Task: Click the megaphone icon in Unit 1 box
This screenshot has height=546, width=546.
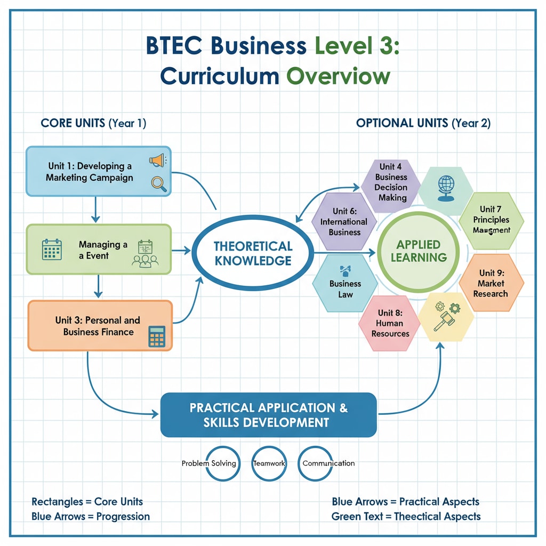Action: pyautogui.click(x=157, y=159)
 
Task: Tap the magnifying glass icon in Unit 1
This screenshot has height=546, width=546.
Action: pyautogui.click(x=158, y=183)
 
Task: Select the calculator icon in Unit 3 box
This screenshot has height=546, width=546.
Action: pyautogui.click(x=157, y=336)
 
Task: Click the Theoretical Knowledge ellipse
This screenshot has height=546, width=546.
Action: pyautogui.click(x=252, y=253)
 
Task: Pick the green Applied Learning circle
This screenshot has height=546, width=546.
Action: pyautogui.click(x=419, y=251)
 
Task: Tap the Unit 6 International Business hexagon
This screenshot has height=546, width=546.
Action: pyautogui.click(x=344, y=221)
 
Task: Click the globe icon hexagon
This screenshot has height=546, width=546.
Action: pyautogui.click(x=445, y=187)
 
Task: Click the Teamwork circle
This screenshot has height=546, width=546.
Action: pyautogui.click(x=269, y=463)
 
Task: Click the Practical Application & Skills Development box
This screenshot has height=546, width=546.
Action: pyautogui.click(x=268, y=415)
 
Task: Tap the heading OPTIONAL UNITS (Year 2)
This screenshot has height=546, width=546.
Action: pyautogui.click(x=423, y=123)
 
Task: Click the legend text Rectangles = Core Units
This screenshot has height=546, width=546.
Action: pyautogui.click(x=87, y=502)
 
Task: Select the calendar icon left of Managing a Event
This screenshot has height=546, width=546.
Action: pyautogui.click(x=52, y=250)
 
